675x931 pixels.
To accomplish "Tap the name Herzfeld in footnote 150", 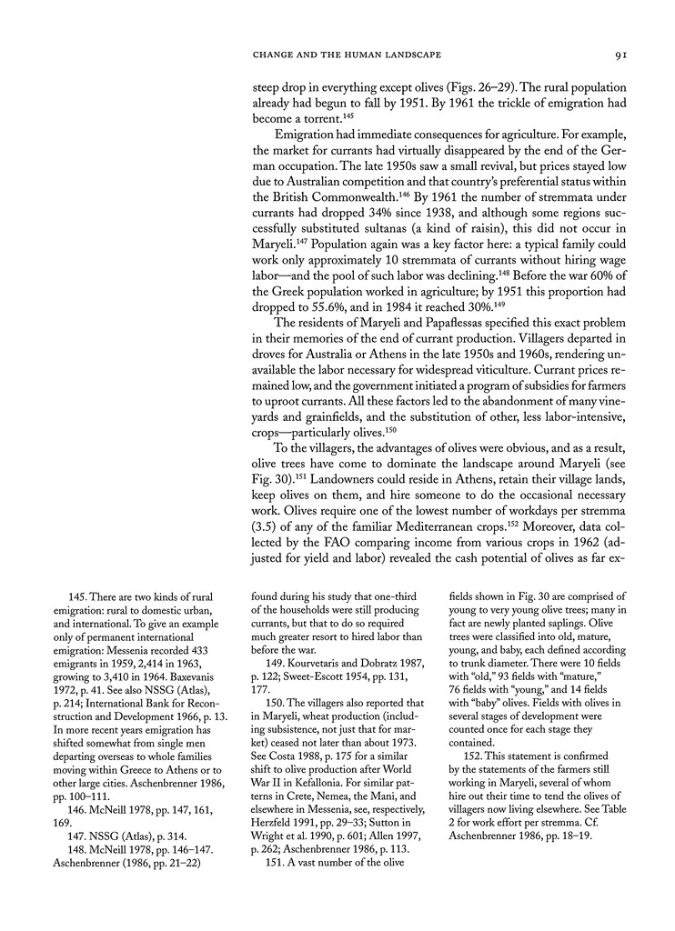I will coord(274,803).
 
